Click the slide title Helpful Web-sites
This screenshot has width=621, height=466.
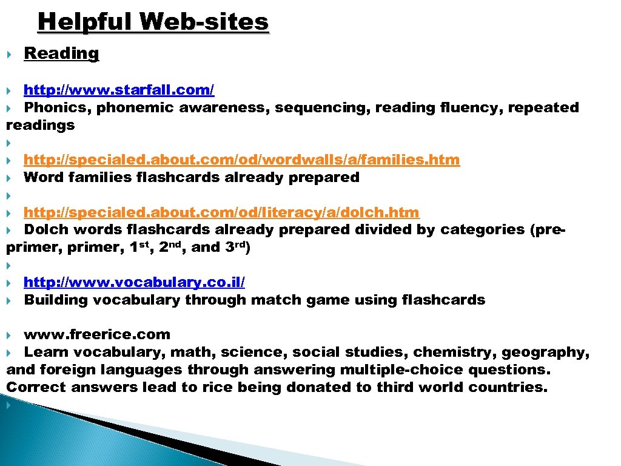(x=153, y=22)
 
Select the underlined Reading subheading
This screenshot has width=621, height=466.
(x=61, y=53)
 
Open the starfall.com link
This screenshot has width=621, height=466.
(x=119, y=90)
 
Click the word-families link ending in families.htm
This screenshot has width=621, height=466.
(x=241, y=160)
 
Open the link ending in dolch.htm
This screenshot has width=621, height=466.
(x=221, y=213)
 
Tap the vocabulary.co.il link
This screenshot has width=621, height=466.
(x=135, y=283)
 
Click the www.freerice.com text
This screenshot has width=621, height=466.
(x=97, y=335)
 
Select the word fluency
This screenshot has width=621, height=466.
(x=471, y=108)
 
